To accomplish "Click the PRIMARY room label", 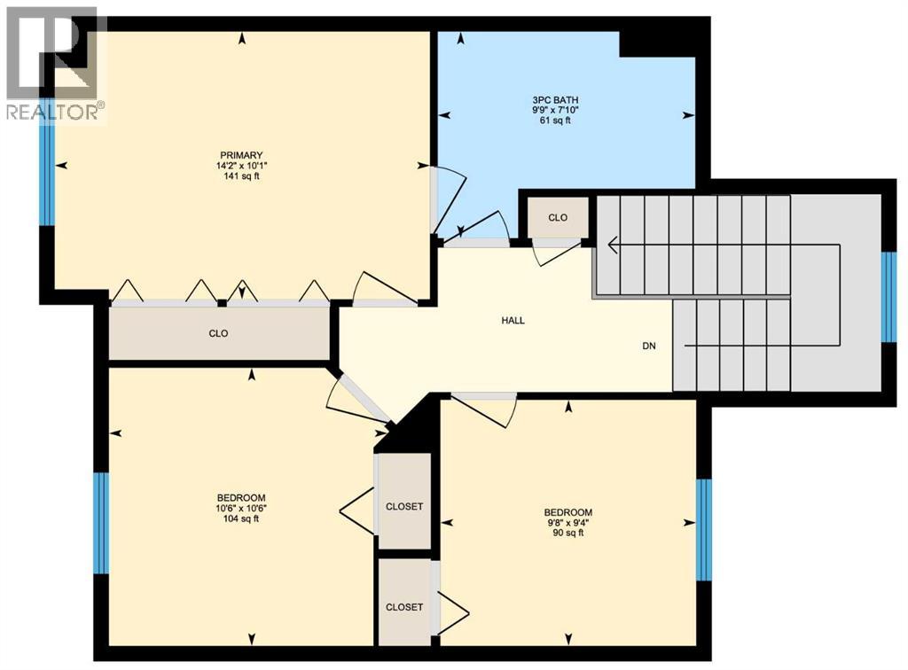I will [242, 155].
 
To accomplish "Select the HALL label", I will [513, 321].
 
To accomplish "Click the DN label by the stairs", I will [649, 346].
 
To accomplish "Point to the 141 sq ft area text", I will [242, 176].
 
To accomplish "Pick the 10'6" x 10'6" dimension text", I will [241, 509].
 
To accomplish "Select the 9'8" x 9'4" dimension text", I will [567, 523].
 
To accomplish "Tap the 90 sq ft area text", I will [567, 534].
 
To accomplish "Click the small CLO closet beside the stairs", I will [558, 218].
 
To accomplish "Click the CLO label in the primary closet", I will [218, 334].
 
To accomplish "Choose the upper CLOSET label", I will [404, 507].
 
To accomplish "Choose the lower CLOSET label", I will [404, 607].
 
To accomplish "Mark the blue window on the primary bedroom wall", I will [46, 174].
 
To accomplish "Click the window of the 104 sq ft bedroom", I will [101, 523].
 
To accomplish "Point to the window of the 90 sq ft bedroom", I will [704, 530].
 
